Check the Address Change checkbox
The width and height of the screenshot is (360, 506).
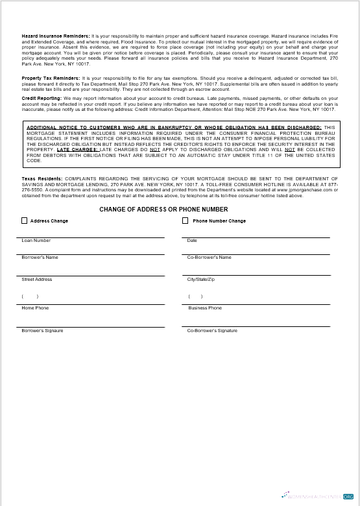[25, 221]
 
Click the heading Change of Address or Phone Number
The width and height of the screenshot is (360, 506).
[163, 210]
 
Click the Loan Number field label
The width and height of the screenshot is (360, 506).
[36, 241]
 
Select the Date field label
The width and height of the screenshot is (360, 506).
[192, 241]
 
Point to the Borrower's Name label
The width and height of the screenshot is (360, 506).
[40, 258]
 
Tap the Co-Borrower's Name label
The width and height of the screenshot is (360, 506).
[209, 258]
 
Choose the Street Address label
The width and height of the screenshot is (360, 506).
[37, 280]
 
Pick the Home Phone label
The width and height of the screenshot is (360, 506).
[35, 308]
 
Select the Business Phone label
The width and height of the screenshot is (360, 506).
[205, 308]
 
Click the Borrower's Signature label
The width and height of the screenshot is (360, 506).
[42, 331]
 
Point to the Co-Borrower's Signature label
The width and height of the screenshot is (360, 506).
[212, 331]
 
